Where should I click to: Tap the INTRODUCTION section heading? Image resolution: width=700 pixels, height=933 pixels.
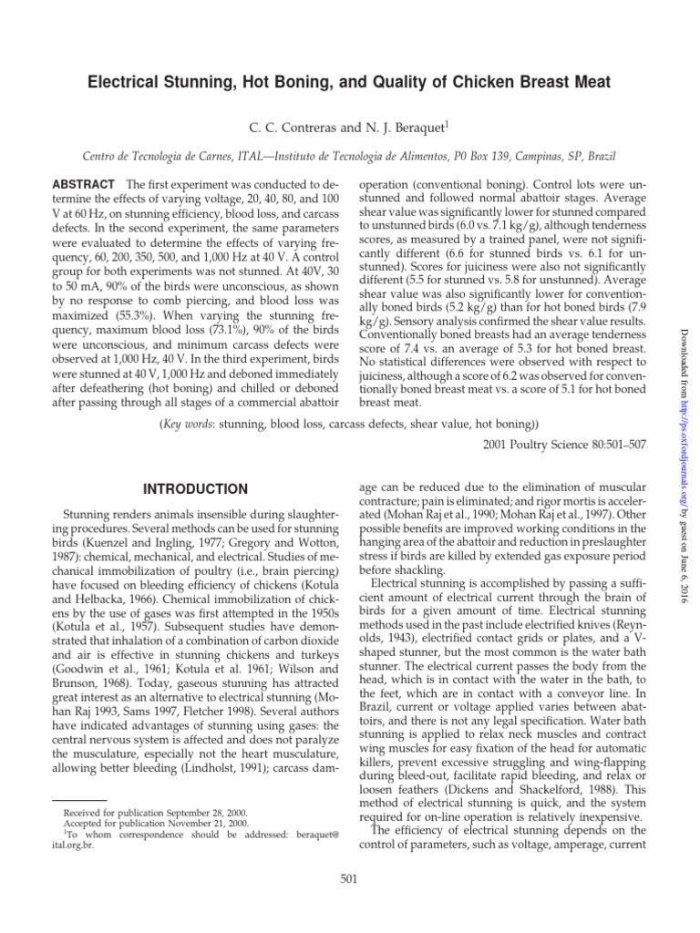point(195,489)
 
